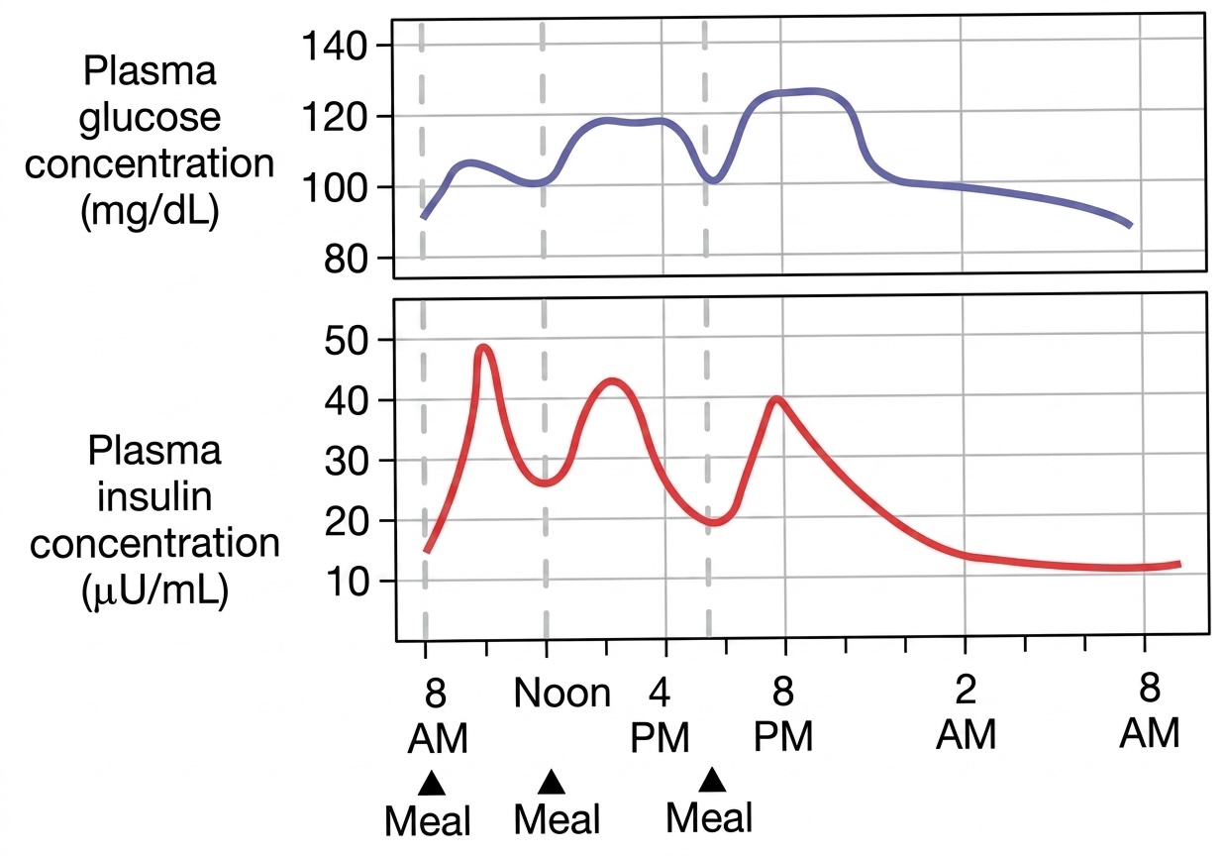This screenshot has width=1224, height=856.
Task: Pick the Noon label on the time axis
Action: click(x=561, y=694)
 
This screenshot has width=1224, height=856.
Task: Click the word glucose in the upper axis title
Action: click(x=149, y=118)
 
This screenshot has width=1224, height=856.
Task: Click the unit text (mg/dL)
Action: click(x=149, y=211)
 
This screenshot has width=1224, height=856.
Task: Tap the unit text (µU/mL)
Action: click(x=153, y=591)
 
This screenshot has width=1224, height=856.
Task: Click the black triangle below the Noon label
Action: click(x=552, y=783)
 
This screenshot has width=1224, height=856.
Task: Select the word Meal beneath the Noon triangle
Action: click(x=559, y=820)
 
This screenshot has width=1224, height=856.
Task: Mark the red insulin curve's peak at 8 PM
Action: click(x=777, y=399)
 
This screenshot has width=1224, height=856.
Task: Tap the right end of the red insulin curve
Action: click(x=1179, y=564)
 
